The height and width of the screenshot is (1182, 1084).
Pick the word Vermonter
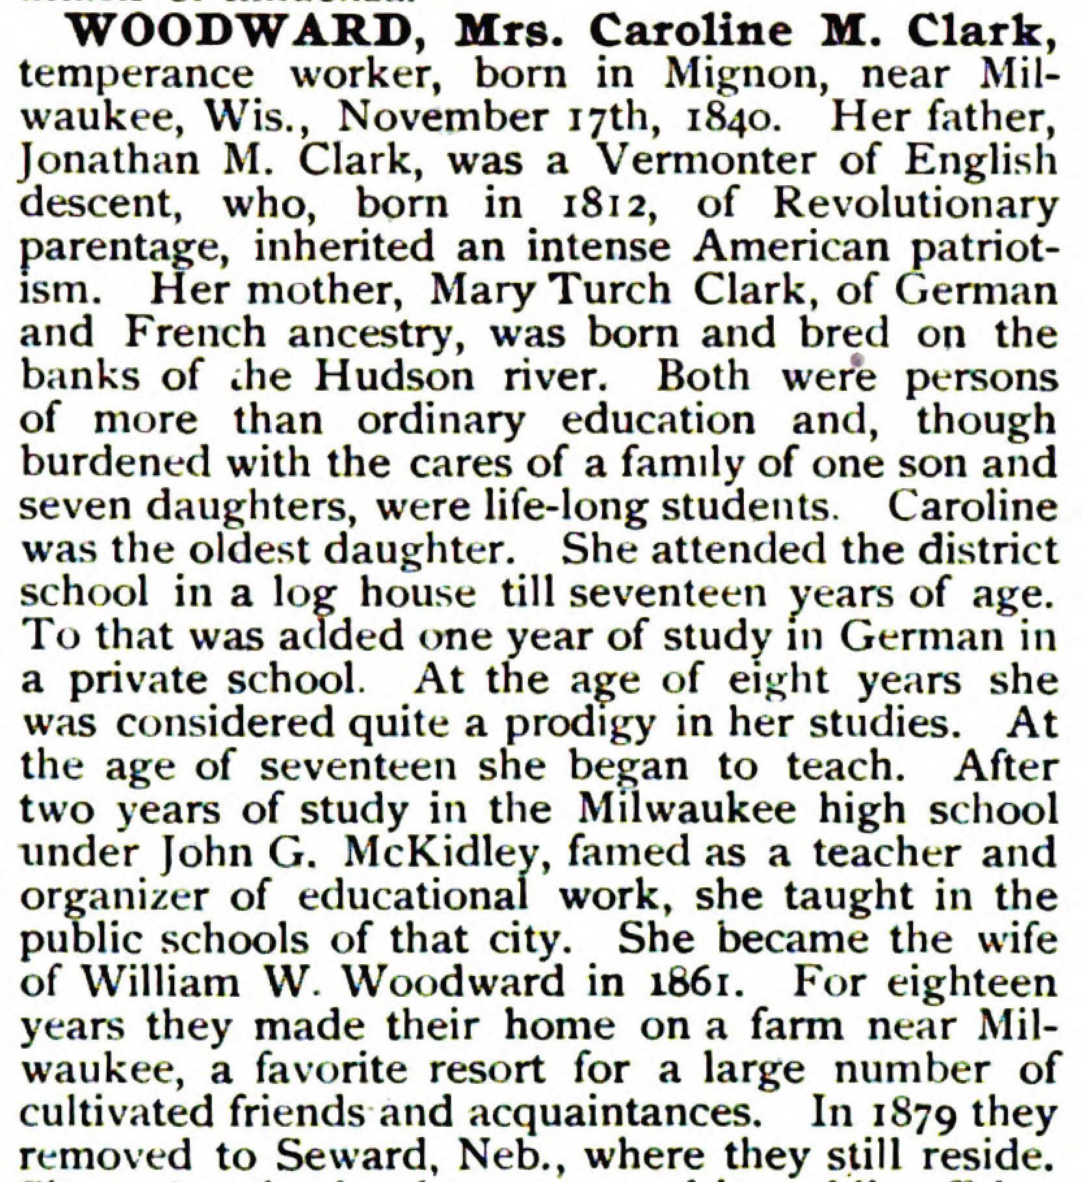(x=707, y=161)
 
